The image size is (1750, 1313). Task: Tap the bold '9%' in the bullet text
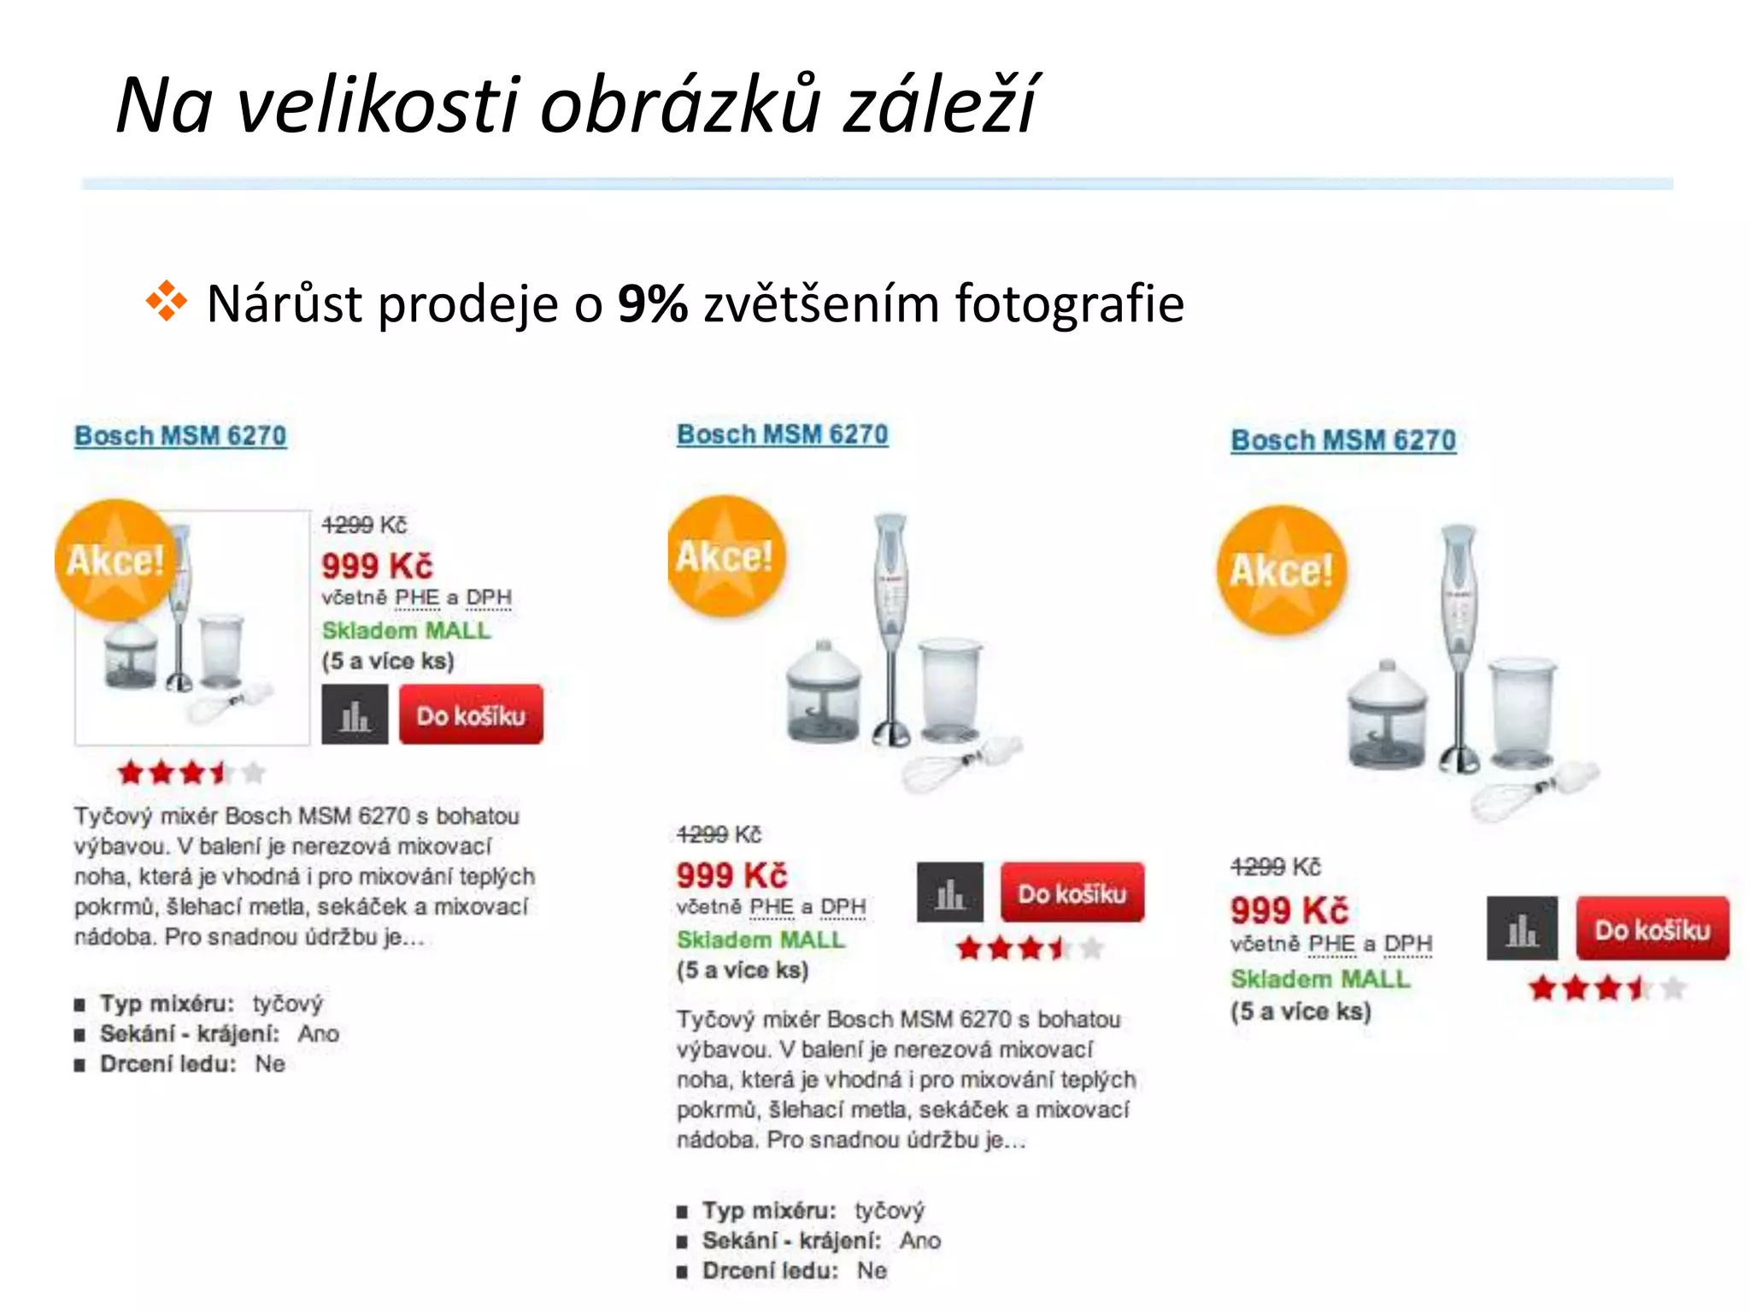pos(652,303)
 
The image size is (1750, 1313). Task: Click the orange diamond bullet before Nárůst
pos(166,301)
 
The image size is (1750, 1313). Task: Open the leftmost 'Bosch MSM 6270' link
pos(180,436)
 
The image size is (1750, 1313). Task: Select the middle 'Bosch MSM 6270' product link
pos(782,434)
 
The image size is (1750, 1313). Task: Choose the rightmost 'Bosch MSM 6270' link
pos(1342,440)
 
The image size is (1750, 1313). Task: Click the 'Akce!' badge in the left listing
pos(115,561)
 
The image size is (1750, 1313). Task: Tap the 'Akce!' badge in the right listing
pos(1281,570)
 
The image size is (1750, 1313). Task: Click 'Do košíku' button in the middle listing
pos(1072,893)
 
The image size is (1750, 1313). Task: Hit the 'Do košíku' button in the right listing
pos(1652,929)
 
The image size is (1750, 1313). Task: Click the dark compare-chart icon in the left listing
pos(355,715)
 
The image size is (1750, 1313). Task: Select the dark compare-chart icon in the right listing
pos(1521,928)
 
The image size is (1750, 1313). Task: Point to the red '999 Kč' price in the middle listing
pos(731,875)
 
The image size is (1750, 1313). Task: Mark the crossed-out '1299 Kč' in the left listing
pos(364,525)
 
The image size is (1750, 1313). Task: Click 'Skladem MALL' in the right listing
pos(1320,979)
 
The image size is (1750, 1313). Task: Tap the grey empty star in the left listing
pos(253,774)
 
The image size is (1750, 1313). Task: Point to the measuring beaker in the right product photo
pos(1524,714)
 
